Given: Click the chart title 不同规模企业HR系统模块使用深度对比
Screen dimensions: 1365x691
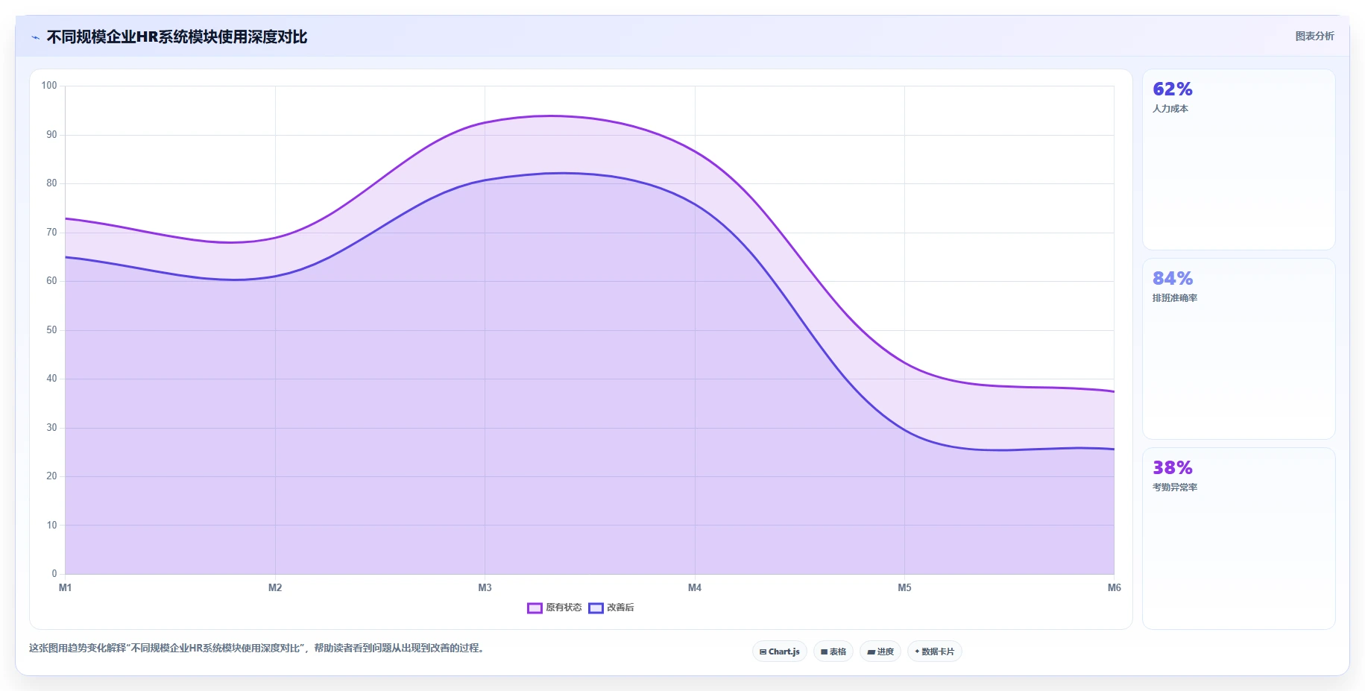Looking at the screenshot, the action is pyautogui.click(x=177, y=37).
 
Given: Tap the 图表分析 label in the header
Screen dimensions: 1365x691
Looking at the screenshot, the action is pyautogui.click(x=1314, y=36).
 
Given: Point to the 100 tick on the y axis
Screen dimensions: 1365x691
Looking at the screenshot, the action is pyautogui.click(x=49, y=86).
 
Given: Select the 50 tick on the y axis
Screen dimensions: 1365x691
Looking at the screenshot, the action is pyautogui.click(x=51, y=329).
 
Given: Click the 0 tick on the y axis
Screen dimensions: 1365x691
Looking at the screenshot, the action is pyautogui.click(x=54, y=573).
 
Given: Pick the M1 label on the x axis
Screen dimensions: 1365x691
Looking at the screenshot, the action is pyautogui.click(x=66, y=587).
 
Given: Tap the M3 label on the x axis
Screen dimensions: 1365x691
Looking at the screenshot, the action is pyautogui.click(x=485, y=587).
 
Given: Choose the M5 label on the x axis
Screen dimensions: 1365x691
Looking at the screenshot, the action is pyautogui.click(x=904, y=587).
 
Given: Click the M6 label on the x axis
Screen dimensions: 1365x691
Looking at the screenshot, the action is pyautogui.click(x=1114, y=587).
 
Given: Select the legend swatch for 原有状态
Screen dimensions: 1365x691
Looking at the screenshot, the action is pyautogui.click(x=535, y=608).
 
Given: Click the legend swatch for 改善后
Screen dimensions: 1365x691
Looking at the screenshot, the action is pyautogui.click(x=596, y=608).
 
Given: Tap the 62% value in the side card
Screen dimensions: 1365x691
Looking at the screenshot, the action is pyautogui.click(x=1173, y=89).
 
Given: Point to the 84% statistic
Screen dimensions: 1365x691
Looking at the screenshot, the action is pyautogui.click(x=1173, y=278).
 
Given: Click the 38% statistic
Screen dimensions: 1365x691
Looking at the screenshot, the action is pyautogui.click(x=1173, y=467).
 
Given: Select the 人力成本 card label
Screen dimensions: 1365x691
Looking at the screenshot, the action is pyautogui.click(x=1170, y=109).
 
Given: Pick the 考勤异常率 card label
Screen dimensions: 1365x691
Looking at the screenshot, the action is pyautogui.click(x=1175, y=488).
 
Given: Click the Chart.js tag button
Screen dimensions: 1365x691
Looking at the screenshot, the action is pyautogui.click(x=780, y=651).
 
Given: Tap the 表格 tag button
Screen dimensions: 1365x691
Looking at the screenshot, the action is pyautogui.click(x=833, y=651).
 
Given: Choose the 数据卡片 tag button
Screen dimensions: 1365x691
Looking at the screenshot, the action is pyautogui.click(x=935, y=651).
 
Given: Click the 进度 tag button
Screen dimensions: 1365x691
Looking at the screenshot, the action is pyautogui.click(x=880, y=651).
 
